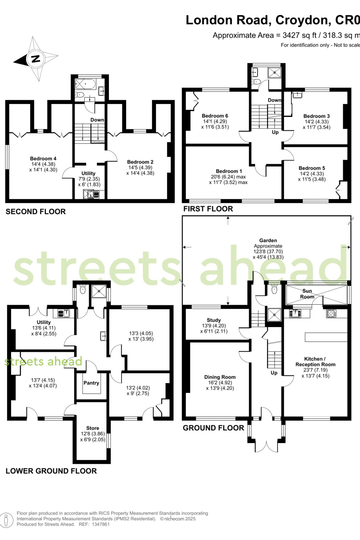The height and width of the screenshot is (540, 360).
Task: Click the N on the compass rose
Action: (x=36, y=58)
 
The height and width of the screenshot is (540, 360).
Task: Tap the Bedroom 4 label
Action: (x=43, y=159)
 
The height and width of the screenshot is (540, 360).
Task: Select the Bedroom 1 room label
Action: (x=229, y=171)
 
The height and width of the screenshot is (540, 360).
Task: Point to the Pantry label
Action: (x=91, y=383)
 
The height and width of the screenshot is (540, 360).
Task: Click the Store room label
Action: (x=93, y=428)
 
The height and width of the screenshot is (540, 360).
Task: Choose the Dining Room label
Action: (x=220, y=377)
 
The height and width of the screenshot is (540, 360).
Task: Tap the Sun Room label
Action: (x=307, y=293)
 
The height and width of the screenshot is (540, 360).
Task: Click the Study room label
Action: (x=214, y=320)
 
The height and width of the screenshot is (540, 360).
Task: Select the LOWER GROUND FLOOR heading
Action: (x=51, y=471)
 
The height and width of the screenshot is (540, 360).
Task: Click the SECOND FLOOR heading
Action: (x=36, y=212)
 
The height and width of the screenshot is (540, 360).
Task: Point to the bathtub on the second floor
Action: (x=85, y=84)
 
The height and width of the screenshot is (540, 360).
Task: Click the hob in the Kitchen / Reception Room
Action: (x=331, y=313)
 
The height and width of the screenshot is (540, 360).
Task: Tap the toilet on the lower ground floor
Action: (x=82, y=289)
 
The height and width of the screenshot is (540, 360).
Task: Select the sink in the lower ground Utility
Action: (x=63, y=313)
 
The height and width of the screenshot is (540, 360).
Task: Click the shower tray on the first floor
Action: (x=275, y=72)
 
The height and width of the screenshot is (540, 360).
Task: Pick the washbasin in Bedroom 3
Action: (x=297, y=95)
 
